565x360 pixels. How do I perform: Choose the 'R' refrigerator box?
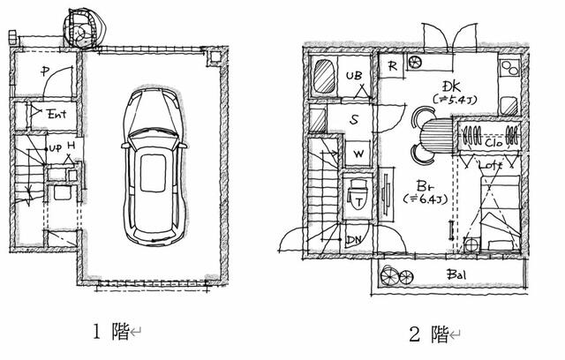[391, 65]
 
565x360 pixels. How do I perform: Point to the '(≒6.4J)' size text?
[421, 200]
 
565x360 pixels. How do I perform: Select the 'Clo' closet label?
[493, 140]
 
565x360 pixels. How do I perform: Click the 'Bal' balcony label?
[456, 274]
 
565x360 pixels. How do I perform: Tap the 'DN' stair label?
[354, 238]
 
